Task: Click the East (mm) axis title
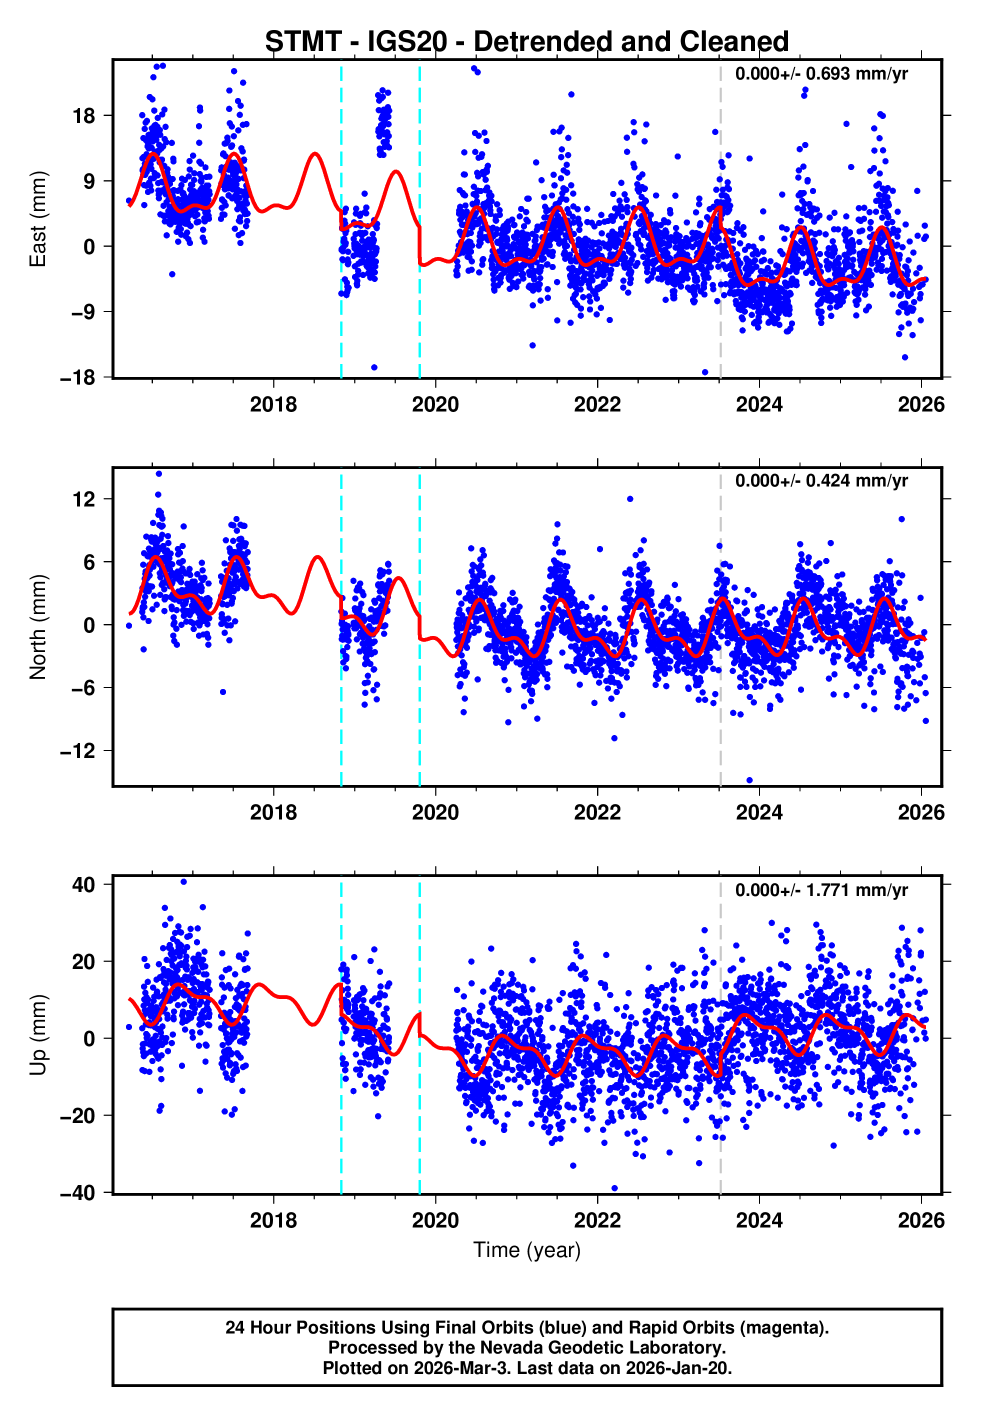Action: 38,219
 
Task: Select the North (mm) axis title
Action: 38,627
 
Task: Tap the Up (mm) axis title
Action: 38,1035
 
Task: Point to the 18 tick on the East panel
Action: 83,115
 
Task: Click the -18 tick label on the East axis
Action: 77,377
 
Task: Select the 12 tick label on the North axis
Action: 83,499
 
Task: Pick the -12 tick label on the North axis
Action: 77,751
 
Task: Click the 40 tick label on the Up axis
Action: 83,885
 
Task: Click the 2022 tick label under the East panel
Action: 597,404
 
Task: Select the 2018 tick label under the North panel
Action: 273,812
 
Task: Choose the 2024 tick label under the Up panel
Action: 758,1220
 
